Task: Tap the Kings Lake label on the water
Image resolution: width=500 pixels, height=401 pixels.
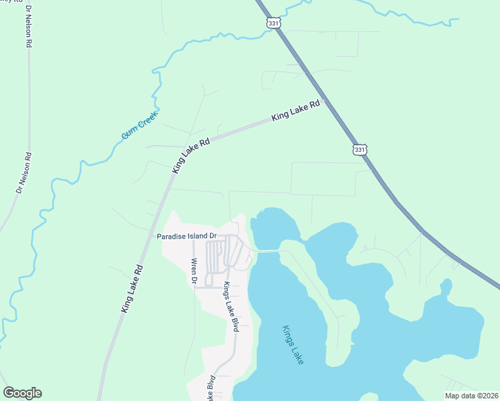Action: [x=293, y=344]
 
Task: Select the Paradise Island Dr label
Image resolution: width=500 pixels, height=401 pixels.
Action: [x=187, y=236]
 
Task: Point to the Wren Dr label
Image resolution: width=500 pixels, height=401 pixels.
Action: [x=194, y=271]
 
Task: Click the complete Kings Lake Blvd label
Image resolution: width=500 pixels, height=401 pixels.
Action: [x=231, y=307]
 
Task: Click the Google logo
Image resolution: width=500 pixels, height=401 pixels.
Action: [x=22, y=393]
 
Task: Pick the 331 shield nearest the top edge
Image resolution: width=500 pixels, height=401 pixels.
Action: [x=273, y=23]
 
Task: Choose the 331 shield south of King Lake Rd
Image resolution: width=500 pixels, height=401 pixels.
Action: [x=360, y=150]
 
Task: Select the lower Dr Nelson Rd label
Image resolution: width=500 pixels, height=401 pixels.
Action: [x=24, y=173]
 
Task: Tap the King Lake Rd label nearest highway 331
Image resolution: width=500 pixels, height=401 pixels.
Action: [x=297, y=110]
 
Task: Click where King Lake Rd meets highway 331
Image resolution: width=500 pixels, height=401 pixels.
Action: [x=326, y=102]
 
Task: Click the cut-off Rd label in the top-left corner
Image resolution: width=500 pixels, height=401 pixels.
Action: [x=9, y=3]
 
